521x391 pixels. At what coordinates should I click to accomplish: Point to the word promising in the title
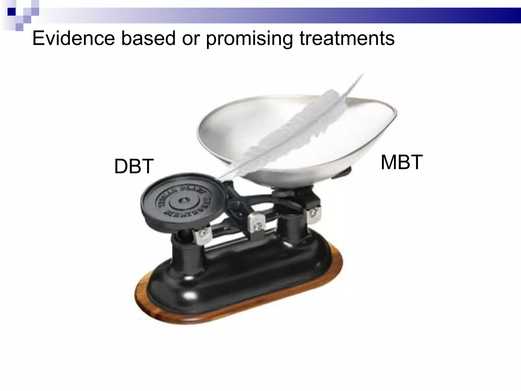(x=249, y=39)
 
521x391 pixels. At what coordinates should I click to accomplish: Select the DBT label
(x=134, y=166)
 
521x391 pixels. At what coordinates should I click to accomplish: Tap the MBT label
(x=401, y=162)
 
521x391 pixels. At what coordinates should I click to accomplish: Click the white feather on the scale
(x=293, y=127)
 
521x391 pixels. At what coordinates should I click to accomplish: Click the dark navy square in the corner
(x=11, y=12)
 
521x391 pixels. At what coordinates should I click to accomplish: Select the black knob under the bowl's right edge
(x=342, y=173)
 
